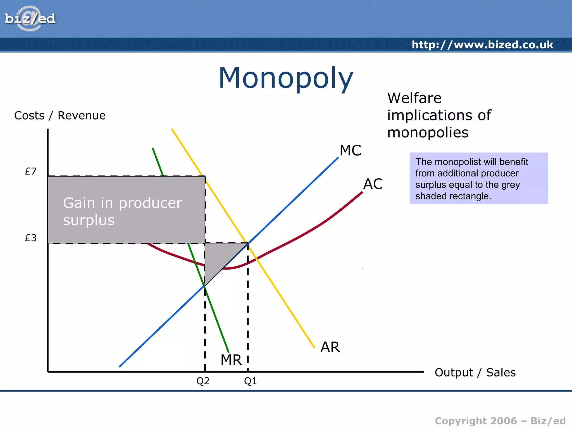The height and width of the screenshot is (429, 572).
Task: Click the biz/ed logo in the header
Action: click(30, 19)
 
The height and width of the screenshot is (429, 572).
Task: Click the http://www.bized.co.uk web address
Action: click(482, 45)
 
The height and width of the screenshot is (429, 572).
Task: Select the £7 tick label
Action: click(31, 171)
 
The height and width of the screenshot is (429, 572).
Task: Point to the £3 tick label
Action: click(31, 238)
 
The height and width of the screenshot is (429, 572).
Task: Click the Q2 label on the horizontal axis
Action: click(203, 381)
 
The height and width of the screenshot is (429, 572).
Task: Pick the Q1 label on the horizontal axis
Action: click(250, 381)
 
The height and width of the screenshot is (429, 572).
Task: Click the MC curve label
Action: click(350, 150)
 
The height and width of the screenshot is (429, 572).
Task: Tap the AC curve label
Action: click(373, 184)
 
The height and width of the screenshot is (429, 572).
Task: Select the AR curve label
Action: click(330, 347)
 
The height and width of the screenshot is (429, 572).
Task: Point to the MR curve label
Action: click(231, 360)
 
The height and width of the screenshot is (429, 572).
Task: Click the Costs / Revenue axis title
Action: click(60, 115)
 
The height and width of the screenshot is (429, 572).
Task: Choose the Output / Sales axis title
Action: click(475, 372)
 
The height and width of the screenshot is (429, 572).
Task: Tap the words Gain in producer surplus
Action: click(122, 211)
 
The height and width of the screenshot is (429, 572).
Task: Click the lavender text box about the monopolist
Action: click(479, 178)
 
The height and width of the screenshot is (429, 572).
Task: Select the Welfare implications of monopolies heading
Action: click(439, 115)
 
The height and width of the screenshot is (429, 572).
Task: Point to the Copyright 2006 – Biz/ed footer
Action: click(500, 421)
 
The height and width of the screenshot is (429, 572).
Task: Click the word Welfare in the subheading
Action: click(414, 98)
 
